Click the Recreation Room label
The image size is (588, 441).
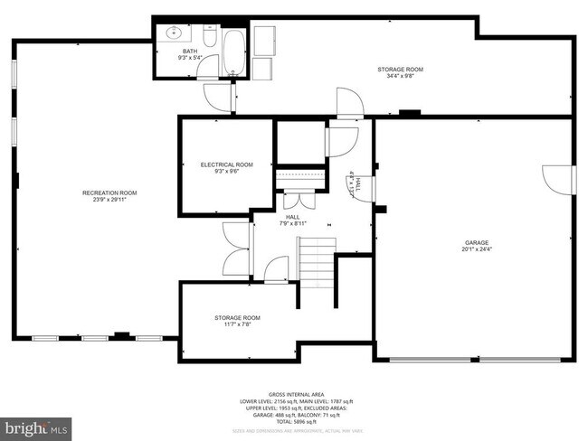point(109,192)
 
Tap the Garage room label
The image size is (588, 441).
point(477,242)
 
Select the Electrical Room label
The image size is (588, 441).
point(226,164)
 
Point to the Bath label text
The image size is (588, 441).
point(190,52)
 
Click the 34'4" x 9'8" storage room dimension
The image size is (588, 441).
point(400,76)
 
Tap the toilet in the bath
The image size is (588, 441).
point(208,38)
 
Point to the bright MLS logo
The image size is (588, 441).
point(37,426)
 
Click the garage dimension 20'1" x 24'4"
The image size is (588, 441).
point(477,249)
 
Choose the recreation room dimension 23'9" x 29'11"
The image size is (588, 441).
point(109,200)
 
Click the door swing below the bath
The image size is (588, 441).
point(218,94)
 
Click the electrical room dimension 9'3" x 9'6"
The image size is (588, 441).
point(226,171)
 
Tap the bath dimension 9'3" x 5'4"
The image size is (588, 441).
point(190,59)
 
